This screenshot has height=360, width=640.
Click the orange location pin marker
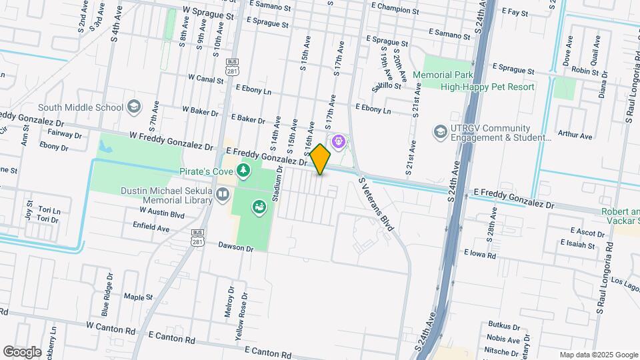pyautogui.click(x=321, y=159)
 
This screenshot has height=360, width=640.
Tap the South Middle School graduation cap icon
pyautogui.click(x=133, y=107)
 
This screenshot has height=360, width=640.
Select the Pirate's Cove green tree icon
pyautogui.click(x=244, y=171)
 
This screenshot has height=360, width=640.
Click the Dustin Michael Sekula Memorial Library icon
pyautogui.click(x=222, y=194)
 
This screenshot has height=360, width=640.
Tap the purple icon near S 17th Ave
pyautogui.click(x=338, y=141)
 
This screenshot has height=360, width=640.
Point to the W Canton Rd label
pyautogui.click(x=110, y=329)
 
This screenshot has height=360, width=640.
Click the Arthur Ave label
pyautogui.click(x=576, y=135)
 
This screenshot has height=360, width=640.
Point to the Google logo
pyautogui.click(x=22, y=351)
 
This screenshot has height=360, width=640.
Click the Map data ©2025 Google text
pyautogui.click(x=599, y=355)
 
